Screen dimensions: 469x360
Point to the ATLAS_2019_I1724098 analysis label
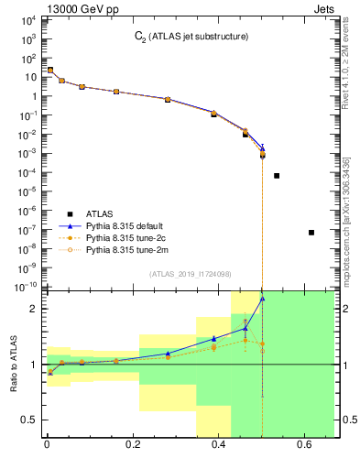pos(190,274)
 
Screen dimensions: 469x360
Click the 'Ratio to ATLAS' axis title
pos(12,365)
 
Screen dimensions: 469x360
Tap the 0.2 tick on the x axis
pos(132,446)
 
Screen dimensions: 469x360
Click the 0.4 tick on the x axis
pos(218,446)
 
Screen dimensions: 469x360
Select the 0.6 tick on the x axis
pos(304,446)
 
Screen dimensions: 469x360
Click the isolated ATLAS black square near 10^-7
pos(311,233)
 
